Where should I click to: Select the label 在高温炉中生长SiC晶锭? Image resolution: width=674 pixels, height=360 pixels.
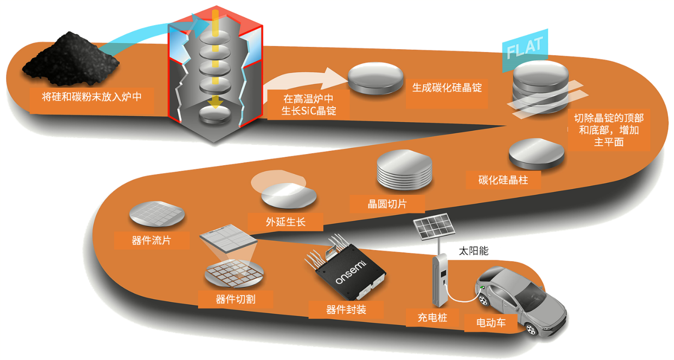(308, 105)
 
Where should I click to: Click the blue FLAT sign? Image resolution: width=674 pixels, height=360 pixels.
(524, 48)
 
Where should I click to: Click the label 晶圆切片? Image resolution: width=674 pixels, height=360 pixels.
(387, 204)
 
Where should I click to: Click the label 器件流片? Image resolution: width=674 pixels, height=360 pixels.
(151, 241)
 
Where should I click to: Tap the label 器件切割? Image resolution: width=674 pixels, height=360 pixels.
(235, 299)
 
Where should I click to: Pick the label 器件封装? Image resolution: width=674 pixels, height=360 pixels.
(346, 309)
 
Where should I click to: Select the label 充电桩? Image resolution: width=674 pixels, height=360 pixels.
(432, 318)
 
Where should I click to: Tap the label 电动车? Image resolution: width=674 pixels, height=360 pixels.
(491, 323)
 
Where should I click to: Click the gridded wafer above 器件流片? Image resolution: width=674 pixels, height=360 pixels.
(157, 214)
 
